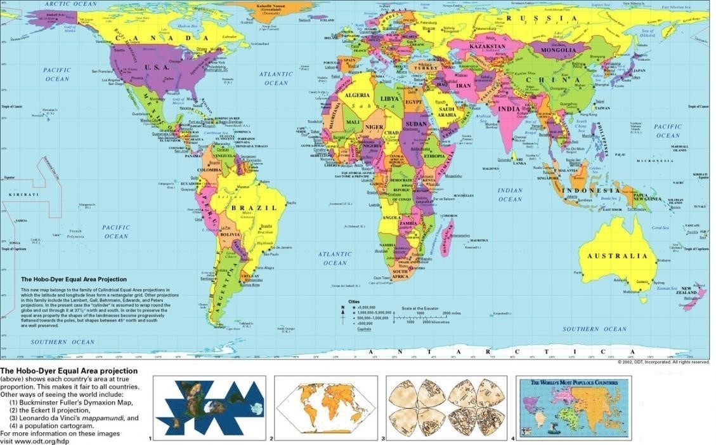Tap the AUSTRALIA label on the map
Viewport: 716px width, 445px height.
pyautogui.click(x=620, y=256)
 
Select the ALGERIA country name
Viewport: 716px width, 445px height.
pyautogui.click(x=356, y=95)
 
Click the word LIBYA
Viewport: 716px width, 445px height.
pyautogui.click(x=389, y=99)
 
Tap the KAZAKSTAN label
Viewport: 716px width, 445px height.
pyautogui.click(x=488, y=47)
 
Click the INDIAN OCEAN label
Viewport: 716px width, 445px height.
pyautogui.click(x=510, y=195)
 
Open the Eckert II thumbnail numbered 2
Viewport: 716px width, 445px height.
pyautogui.click(x=326, y=408)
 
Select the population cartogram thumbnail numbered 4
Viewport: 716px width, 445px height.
pyautogui.click(x=574, y=408)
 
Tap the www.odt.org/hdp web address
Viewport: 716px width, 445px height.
pyautogui.click(x=34, y=441)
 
